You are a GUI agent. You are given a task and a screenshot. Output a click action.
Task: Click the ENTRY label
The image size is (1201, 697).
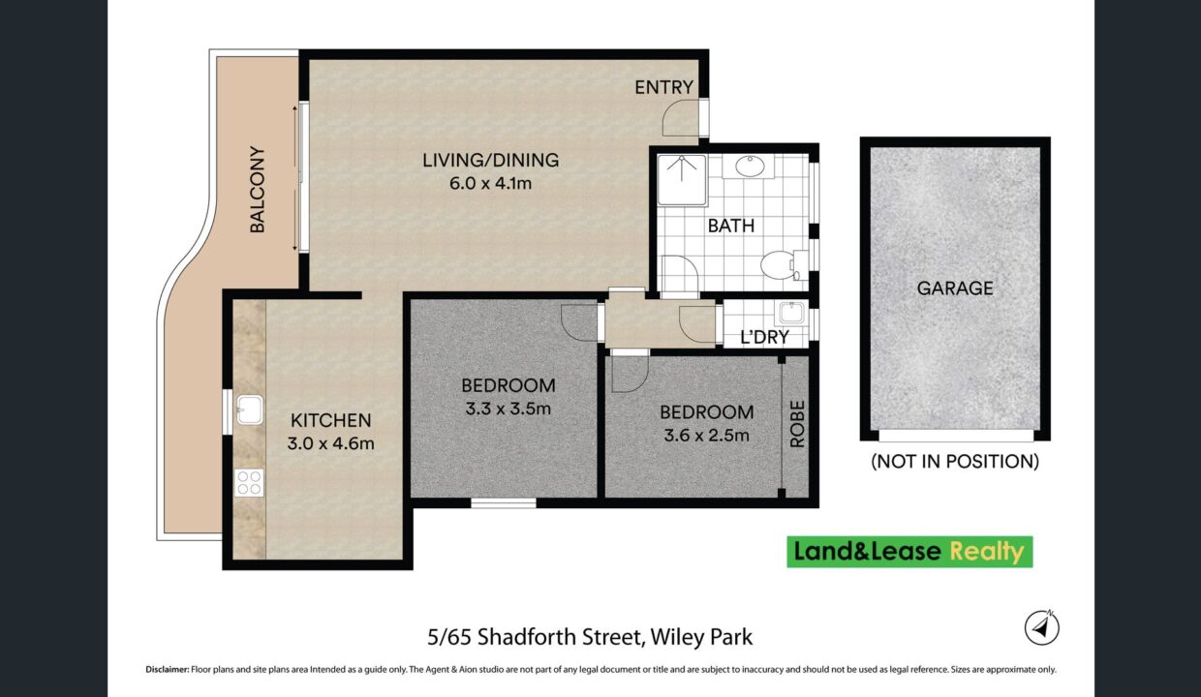pos(663,87)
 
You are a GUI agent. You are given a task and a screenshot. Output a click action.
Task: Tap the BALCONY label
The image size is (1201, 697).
pos(258,189)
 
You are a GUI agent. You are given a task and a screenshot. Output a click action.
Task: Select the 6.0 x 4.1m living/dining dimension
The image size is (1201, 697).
pos(491,184)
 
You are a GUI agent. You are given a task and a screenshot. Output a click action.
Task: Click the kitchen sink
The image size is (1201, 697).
pos(250,409)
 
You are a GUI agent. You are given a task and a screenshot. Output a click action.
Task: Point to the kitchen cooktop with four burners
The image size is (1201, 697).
pos(249,483)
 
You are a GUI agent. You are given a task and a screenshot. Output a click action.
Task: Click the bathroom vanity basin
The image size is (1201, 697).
pos(750,167)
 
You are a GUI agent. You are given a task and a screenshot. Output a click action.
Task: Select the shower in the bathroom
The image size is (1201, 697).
pos(682,181)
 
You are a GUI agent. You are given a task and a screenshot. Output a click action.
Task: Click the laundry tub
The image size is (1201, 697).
pos(791,313)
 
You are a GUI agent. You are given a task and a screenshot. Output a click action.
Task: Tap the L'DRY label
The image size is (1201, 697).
pos(764,337)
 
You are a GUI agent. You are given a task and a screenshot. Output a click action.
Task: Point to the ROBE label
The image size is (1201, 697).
pos(798,424)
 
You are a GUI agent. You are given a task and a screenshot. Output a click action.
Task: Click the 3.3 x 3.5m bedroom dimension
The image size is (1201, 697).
pos(508,409)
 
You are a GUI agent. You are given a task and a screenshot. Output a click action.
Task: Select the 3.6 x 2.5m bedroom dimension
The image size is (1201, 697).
pos(706,436)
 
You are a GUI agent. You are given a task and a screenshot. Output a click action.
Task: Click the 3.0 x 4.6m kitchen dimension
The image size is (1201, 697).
pos(331,443)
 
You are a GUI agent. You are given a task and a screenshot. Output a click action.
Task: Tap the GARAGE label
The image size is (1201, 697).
pos(955,288)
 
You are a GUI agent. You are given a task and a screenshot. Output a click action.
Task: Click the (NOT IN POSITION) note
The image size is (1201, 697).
pos(955,461)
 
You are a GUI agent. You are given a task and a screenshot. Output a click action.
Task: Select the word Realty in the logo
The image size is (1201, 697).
pos(987,552)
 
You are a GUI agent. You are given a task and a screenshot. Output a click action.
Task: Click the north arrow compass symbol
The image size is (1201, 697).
pos(1042,627)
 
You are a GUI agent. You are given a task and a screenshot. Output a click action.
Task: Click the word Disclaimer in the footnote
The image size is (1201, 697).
pos(168,669)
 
